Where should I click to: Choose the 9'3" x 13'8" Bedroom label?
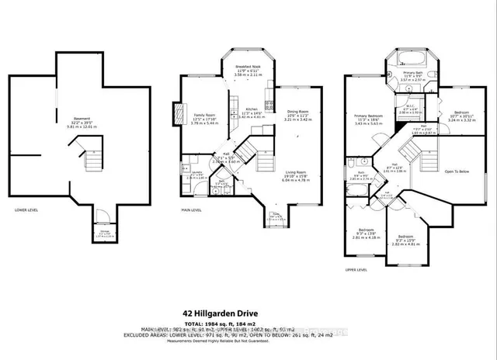(x=364, y=232)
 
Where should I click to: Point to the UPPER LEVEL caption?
(x=356, y=269)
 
